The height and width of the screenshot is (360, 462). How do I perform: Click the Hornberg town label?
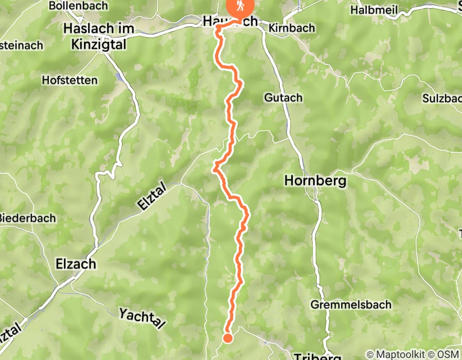[315, 181]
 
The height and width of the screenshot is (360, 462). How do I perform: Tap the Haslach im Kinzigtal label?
[98, 37]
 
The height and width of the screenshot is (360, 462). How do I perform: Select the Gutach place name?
[283, 97]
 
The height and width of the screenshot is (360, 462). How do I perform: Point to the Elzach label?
[75, 264]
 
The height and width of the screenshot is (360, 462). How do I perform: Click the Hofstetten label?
[69, 81]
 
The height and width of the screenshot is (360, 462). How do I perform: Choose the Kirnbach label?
[291, 28]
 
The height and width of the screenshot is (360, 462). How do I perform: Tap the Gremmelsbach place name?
[350, 304]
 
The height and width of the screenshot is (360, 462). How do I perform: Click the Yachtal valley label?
[143, 318]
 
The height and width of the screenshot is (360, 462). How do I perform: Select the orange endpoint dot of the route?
[227, 337]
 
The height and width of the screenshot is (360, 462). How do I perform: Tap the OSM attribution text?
[448, 354]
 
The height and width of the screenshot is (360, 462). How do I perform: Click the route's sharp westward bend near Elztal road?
[215, 166]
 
